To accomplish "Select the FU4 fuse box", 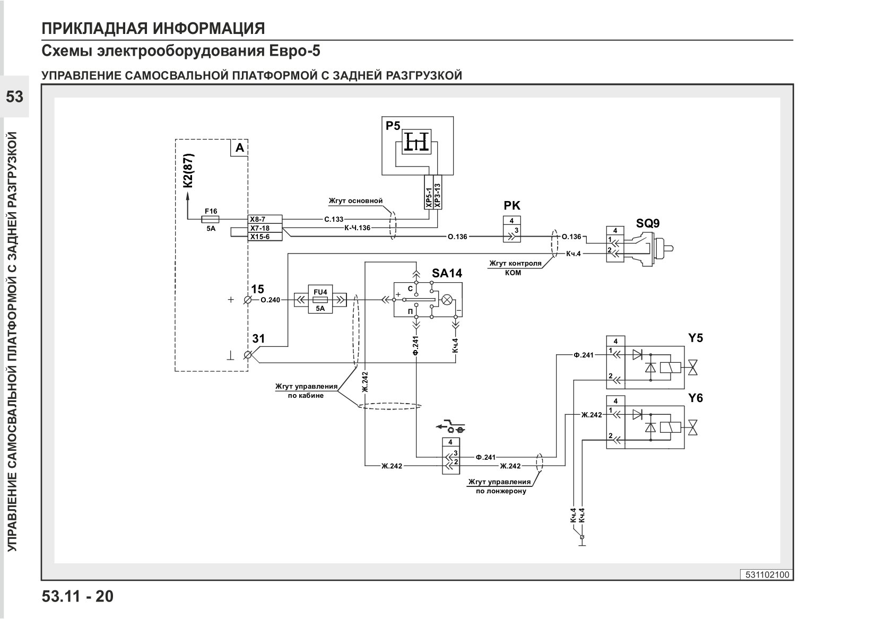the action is [320, 300].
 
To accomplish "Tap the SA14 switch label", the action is [447, 273].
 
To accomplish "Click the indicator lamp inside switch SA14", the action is [447, 300].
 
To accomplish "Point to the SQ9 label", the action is [648, 223].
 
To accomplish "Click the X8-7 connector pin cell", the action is [265, 219].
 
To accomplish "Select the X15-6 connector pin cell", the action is [265, 237].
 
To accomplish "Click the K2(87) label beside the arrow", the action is [188, 171].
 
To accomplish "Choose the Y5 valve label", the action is [696, 338].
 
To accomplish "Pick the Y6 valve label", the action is [696, 398].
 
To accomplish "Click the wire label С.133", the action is [334, 219].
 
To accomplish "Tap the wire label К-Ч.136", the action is [357, 228].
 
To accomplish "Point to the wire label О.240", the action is [271, 300].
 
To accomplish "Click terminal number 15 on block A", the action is [258, 289].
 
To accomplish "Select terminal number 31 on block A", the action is [258, 338].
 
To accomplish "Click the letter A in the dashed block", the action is [239, 148].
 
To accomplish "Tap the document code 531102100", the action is [767, 575].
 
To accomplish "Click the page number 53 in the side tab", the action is [14, 97].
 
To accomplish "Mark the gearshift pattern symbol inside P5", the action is [416, 141].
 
